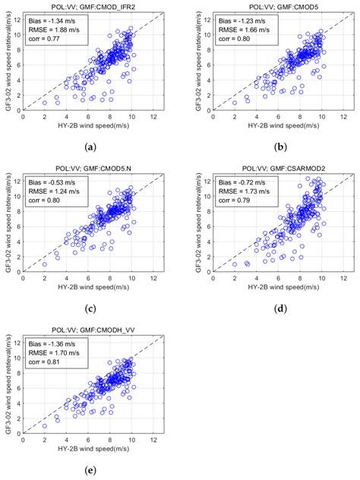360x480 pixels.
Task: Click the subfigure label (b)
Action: pos(271,145)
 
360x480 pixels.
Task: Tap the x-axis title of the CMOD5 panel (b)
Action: pos(271,128)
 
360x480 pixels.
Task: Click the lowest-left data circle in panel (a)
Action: pos(44,103)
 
